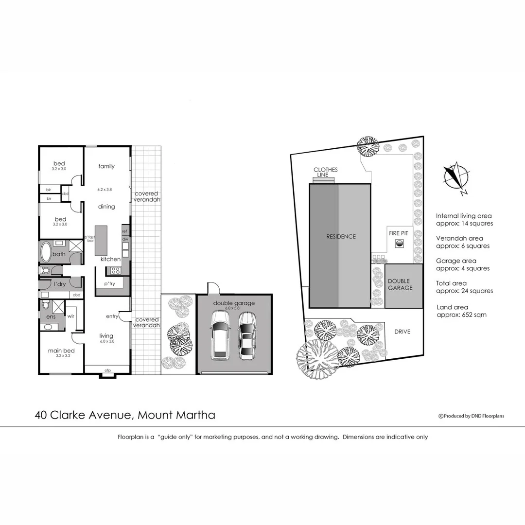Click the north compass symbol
coord(456,177)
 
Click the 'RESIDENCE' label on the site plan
coord(341,237)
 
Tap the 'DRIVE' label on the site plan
coord(402,332)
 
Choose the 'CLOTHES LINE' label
coord(325,172)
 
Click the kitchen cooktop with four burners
coord(116,271)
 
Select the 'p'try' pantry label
coord(110,284)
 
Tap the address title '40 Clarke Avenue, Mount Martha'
coord(125,415)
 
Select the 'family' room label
coord(106,166)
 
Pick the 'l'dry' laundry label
coord(60,283)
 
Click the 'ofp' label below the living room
coord(108,371)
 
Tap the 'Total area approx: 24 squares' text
coord(464,287)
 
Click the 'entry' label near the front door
coord(112,316)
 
